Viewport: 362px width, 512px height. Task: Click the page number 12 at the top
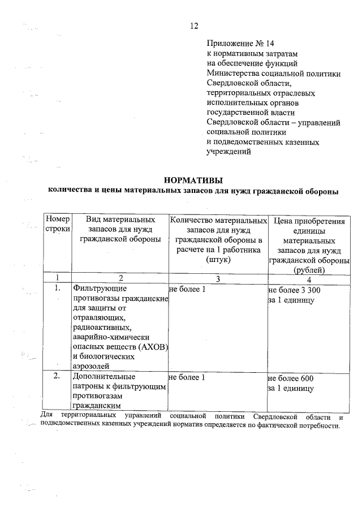195,25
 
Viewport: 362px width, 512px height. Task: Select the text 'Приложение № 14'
237,42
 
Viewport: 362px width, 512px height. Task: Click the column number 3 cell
218,279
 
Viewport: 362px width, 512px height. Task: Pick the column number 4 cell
309,279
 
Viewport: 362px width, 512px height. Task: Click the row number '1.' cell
57,289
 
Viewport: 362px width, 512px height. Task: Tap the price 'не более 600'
290,377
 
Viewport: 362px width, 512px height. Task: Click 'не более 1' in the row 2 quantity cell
187,377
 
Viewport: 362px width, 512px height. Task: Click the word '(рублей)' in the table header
309,269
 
